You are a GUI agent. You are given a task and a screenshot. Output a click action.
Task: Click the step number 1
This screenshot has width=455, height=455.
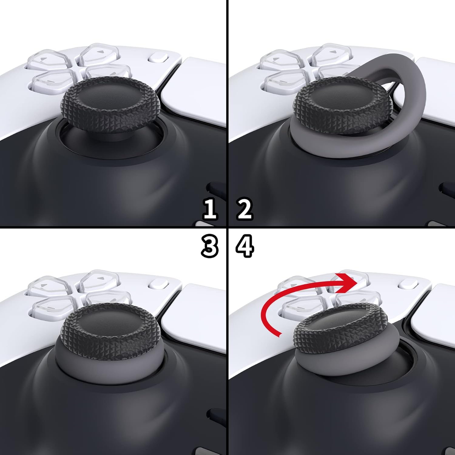coord(210,209)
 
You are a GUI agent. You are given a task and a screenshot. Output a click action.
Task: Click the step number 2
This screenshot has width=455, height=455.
coord(244,209)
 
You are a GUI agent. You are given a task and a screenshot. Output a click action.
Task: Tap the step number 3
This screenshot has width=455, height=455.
coord(210,246)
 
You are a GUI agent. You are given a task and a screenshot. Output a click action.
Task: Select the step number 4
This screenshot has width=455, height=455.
coord(245,246)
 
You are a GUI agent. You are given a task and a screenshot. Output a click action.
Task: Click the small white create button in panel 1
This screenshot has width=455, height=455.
coord(159,58)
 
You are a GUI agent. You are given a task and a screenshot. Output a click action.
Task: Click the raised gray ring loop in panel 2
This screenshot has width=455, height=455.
coord(413,88)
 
